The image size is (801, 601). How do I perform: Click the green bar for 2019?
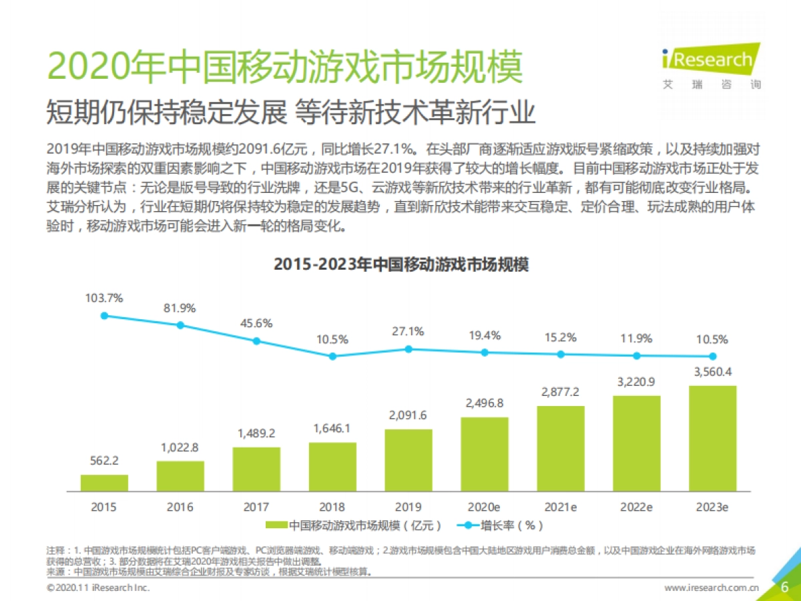click(409, 460)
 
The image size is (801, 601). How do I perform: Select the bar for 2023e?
click(712, 438)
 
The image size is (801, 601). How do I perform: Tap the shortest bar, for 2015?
click(104, 483)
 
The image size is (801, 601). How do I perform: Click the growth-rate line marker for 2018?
click(332, 356)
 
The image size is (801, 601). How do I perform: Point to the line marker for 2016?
click(180, 325)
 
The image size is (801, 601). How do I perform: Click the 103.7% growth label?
click(104, 298)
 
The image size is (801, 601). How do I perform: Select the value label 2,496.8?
click(484, 403)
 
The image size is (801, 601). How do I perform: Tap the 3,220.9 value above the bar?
click(636, 381)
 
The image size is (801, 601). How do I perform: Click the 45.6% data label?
click(256, 323)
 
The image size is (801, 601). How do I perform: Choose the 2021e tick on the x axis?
click(559, 508)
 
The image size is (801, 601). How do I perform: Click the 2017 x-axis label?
click(256, 508)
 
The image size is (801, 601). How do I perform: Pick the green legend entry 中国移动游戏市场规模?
click(354, 526)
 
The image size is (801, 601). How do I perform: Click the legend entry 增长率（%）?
click(501, 526)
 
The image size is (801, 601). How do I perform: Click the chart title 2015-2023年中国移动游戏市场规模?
click(401, 264)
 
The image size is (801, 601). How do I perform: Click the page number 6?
click(785, 587)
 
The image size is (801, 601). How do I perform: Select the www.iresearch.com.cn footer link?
click(712, 588)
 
